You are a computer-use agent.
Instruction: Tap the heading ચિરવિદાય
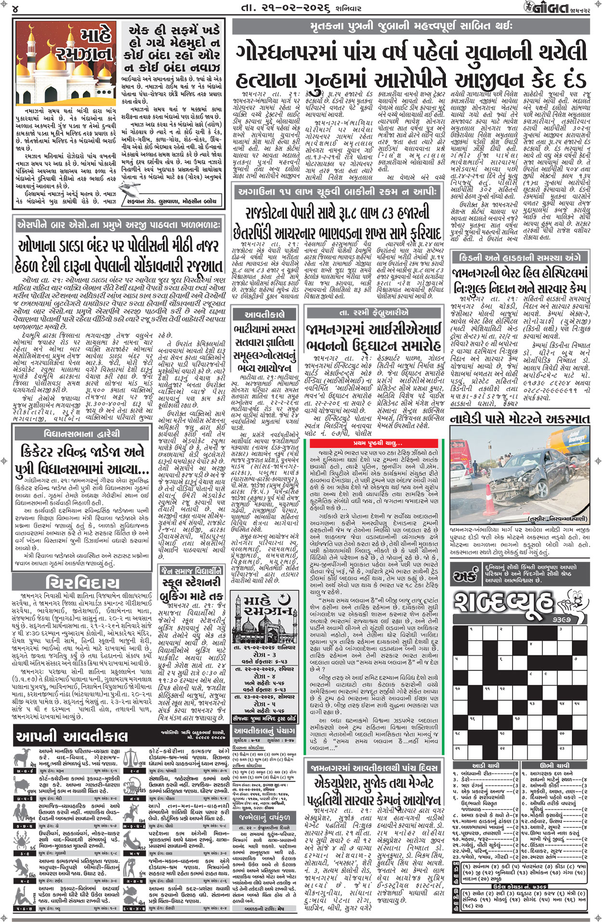82,582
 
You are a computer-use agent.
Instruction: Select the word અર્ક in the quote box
465,575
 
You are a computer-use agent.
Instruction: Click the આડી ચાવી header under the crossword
485,765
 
